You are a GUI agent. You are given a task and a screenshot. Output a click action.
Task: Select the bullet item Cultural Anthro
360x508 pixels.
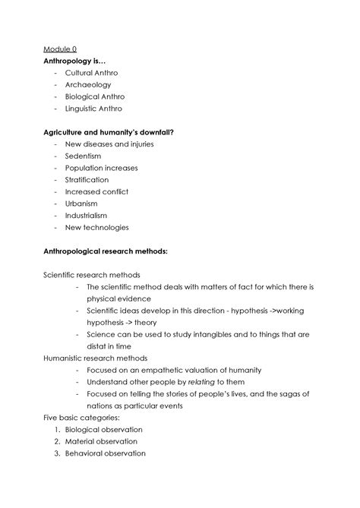coord(91,73)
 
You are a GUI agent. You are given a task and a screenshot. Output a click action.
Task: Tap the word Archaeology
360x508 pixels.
coord(88,85)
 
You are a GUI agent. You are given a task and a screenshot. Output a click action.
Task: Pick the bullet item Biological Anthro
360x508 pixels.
coord(95,97)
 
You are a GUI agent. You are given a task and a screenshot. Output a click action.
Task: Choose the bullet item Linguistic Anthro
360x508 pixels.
coord(94,109)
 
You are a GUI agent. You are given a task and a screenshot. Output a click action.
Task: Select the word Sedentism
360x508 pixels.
coord(84,156)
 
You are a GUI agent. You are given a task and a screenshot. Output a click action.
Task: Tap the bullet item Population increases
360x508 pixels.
coord(101,168)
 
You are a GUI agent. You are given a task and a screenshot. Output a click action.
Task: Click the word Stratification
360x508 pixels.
coord(87,180)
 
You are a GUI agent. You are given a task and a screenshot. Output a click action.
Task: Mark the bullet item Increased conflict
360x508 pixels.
coord(96,191)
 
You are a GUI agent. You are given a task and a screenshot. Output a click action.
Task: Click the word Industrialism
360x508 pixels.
coord(86,216)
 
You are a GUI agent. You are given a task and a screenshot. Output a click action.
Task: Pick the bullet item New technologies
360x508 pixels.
coord(96,227)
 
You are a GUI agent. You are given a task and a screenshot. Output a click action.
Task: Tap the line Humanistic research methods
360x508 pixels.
coord(95,358)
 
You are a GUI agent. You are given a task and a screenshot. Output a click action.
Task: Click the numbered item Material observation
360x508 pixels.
coord(101,441)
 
